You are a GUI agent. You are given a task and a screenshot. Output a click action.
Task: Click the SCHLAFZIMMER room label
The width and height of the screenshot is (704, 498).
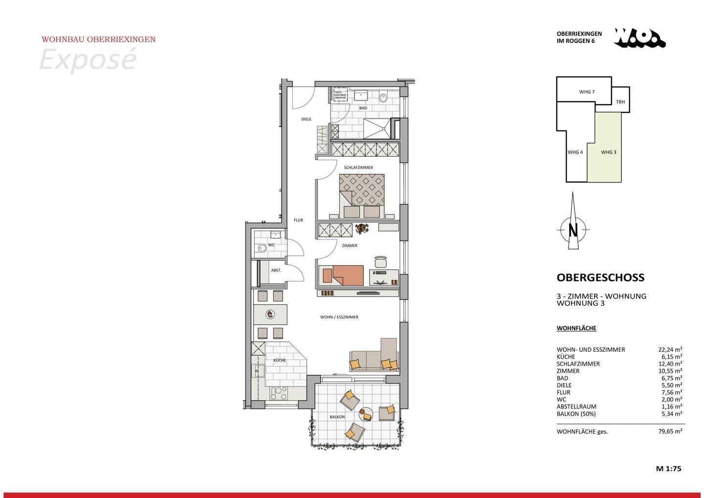pyautogui.click(x=358, y=167)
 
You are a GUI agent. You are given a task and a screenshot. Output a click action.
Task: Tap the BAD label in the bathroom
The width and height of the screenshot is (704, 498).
pyautogui.click(x=363, y=108)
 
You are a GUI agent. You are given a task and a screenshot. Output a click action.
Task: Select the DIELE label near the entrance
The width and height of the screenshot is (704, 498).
pyautogui.click(x=306, y=119)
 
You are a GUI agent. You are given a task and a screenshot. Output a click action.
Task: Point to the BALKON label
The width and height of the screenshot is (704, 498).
pyautogui.click(x=337, y=417)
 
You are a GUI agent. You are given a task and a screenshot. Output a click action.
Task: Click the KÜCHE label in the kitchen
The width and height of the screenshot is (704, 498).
pyautogui.click(x=280, y=360)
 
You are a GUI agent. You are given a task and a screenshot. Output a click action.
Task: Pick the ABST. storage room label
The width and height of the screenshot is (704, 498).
pyautogui.click(x=276, y=270)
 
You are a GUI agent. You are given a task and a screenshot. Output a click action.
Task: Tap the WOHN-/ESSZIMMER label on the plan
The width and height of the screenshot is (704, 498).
pyautogui.click(x=339, y=317)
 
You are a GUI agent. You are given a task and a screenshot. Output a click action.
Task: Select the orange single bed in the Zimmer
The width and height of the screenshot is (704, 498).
pyautogui.click(x=343, y=274)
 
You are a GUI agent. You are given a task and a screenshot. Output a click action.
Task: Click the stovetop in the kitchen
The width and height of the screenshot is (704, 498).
pyautogui.click(x=279, y=393)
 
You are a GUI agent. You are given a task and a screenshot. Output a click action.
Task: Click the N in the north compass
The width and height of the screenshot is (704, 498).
pyautogui.click(x=573, y=230)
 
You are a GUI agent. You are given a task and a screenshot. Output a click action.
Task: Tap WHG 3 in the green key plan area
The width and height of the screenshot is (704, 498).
pyautogui.click(x=608, y=152)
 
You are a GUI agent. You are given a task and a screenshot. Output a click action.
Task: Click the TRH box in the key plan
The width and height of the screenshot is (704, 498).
pyautogui.click(x=620, y=102)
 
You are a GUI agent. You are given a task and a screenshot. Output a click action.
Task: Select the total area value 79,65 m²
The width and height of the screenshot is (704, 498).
pyautogui.click(x=669, y=431)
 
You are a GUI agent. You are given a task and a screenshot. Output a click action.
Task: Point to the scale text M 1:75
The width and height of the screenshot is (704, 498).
pyautogui.click(x=668, y=468)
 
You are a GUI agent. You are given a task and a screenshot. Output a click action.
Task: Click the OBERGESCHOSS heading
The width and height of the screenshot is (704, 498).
pyautogui.click(x=600, y=277)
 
